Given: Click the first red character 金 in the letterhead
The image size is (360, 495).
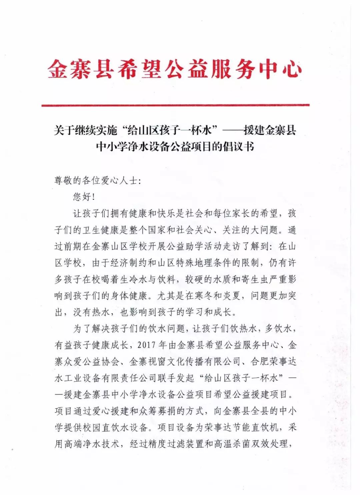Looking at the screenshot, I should pyautogui.click(x=58, y=70).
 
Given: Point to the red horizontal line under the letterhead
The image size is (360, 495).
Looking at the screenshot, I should pyautogui.click(x=175, y=105).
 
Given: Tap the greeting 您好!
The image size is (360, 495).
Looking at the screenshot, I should pyautogui.click(x=84, y=197).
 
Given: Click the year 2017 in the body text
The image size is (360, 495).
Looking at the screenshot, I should pyautogui.click(x=146, y=345).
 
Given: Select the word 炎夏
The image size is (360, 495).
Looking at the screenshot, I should pyautogui.click(x=236, y=295).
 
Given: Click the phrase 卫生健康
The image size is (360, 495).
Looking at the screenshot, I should pyautogui.click(x=101, y=230).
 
